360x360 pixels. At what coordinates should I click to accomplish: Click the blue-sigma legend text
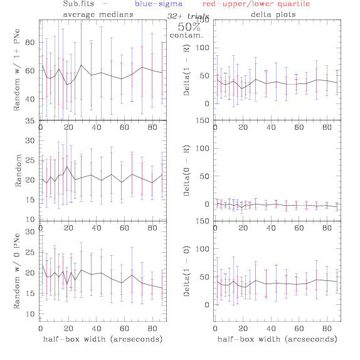[159, 4]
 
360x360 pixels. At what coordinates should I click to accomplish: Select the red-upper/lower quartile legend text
[256, 4]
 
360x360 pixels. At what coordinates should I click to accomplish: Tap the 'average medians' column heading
[98, 14]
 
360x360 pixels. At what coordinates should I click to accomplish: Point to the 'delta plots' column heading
[273, 14]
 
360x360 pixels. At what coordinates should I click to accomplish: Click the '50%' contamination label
[189, 27]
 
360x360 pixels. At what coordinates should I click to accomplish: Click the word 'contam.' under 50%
[186, 35]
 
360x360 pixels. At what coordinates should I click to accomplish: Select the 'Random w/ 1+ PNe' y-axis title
[17, 70]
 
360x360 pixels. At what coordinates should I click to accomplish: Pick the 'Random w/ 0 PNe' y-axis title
[17, 271]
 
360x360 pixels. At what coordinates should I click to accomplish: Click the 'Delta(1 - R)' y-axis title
[186, 70]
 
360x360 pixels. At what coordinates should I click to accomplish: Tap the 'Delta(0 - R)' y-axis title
[186, 171]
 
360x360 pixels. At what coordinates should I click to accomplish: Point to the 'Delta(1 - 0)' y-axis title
[186, 271]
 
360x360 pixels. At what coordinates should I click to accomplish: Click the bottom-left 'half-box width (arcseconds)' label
[103, 339]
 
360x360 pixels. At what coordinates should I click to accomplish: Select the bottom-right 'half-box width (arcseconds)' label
[277, 339]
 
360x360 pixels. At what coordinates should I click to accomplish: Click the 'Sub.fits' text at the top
[78, 4]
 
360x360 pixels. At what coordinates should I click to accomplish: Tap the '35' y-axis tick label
[30, 121]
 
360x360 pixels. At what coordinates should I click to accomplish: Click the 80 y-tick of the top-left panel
[30, 43]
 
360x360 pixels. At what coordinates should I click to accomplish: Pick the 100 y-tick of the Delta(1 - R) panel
[203, 48]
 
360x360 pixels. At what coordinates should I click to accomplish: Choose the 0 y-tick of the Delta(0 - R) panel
[207, 204]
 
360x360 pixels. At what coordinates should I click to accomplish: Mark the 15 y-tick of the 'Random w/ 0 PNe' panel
[30, 294]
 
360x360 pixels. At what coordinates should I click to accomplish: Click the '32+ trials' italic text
[188, 16]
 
